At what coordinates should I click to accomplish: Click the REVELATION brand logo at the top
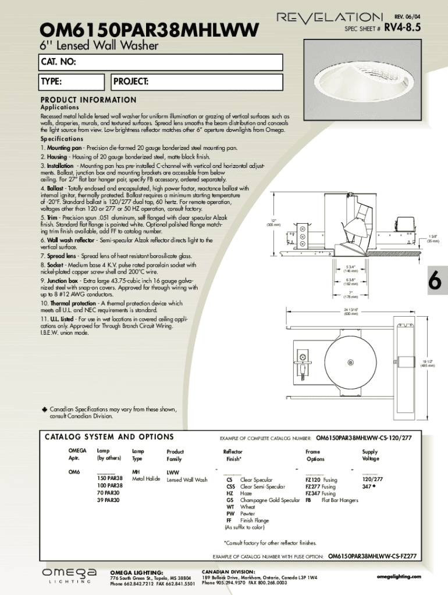tap(329, 18)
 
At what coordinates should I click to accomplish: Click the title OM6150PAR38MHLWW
tap(148, 29)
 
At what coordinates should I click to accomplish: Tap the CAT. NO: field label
tap(58, 62)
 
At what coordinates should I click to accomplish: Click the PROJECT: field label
tap(131, 81)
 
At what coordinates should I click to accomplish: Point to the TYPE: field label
tap(51, 81)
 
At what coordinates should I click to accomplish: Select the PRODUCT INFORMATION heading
tap(88, 100)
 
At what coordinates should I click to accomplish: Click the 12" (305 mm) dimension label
tap(273, 223)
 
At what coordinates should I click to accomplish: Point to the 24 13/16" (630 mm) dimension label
tap(350, 311)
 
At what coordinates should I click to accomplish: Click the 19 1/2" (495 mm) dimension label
tap(428, 363)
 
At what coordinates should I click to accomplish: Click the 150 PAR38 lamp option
tap(109, 478)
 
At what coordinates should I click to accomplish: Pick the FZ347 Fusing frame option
tap(321, 493)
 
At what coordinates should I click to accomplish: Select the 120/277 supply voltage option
tap(372, 479)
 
